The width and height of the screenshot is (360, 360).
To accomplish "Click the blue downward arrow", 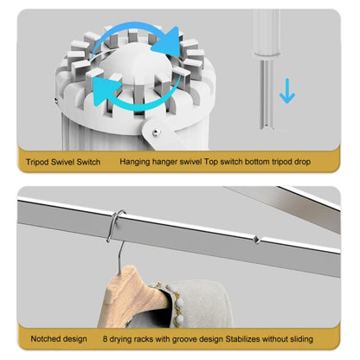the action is [287, 91].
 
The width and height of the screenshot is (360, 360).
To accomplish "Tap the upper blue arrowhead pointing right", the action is [168, 41].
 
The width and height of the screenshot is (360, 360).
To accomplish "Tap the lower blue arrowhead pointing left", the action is [105, 90].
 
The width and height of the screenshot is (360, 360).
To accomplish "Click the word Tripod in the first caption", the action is [37, 162].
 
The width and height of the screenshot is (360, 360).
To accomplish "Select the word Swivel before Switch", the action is [62, 162].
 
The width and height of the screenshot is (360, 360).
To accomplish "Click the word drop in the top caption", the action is [302, 162].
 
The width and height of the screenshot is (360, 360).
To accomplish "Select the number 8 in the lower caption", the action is [105, 338].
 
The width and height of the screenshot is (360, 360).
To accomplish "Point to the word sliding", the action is [301, 339].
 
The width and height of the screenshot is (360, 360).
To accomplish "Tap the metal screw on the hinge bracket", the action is [156, 132].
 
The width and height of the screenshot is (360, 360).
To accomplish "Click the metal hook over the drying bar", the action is [115, 227].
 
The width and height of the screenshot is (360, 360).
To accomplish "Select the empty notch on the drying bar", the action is [256, 240].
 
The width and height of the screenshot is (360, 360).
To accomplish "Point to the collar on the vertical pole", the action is [267, 54].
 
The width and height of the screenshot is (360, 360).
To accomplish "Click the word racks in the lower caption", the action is [144, 339].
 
